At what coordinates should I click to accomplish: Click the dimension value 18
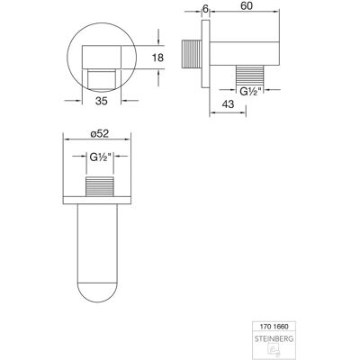[x=157, y=58]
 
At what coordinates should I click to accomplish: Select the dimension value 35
[x=102, y=101]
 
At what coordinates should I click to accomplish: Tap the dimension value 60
[x=247, y=6]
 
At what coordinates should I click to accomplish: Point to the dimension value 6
[x=205, y=9]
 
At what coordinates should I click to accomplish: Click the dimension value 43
[x=228, y=104]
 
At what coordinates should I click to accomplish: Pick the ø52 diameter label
[x=99, y=133]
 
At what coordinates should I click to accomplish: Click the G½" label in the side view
[x=249, y=92]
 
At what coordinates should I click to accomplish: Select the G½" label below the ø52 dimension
[x=101, y=157]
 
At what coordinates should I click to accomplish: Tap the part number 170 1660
[x=274, y=327]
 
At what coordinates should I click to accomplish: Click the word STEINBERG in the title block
[x=274, y=339]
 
